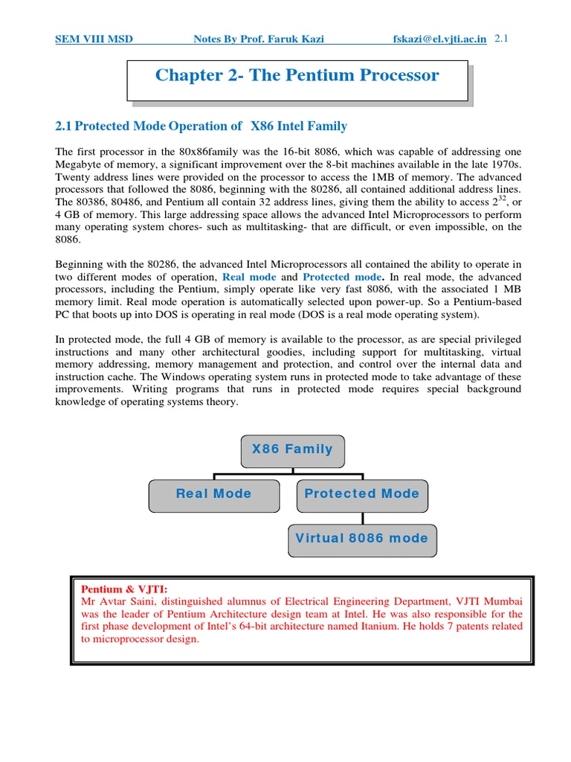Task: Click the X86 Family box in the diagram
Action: pyautogui.click(x=292, y=449)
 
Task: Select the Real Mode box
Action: pyautogui.click(x=213, y=494)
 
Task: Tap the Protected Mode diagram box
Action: pyautogui.click(x=362, y=494)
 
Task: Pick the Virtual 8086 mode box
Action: pyautogui.click(x=362, y=539)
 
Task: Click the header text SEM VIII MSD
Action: pyautogui.click(x=94, y=39)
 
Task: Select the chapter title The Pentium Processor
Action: pyautogui.click(x=297, y=75)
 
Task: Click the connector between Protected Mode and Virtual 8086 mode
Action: pyautogui.click(x=362, y=518)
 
